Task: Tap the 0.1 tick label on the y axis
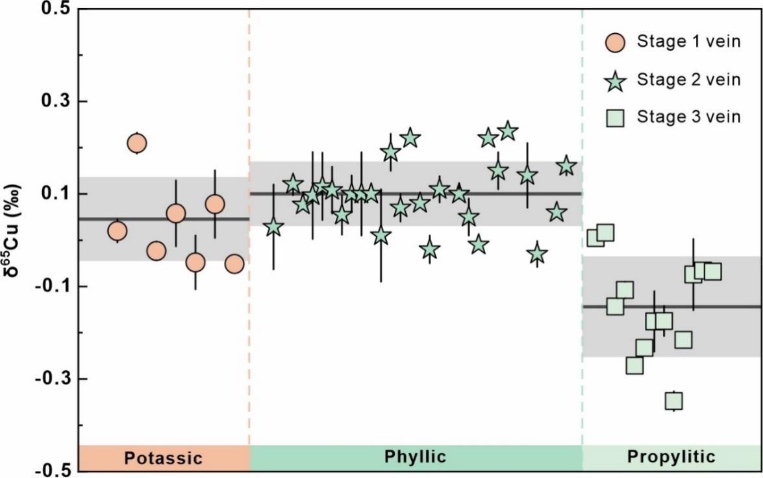click(56, 194)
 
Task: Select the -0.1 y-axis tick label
click(52, 286)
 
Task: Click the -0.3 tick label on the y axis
click(52, 378)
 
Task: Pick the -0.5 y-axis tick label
click(52, 470)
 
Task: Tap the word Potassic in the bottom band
click(163, 458)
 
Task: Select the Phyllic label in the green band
click(416, 457)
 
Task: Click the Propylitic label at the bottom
click(671, 457)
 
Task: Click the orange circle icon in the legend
click(614, 43)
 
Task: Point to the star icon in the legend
click(614, 81)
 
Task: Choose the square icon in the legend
click(614, 118)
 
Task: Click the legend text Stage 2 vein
click(688, 80)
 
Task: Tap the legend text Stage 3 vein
click(688, 117)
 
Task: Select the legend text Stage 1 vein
click(688, 43)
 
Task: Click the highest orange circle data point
click(136, 143)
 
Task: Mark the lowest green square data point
click(673, 401)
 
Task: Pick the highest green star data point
click(507, 131)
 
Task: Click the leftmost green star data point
click(273, 227)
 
